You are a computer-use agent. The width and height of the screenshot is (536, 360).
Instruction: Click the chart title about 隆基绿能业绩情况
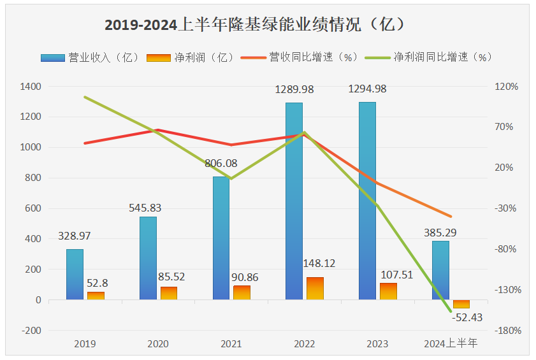click(x=255, y=25)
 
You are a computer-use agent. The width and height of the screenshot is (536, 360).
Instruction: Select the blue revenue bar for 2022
click(x=294, y=201)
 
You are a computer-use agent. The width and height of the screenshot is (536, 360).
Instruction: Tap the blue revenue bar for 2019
click(x=75, y=274)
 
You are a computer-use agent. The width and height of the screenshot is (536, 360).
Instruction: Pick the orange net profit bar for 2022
click(x=315, y=288)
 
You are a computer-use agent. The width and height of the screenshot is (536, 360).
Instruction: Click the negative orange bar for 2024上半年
click(x=461, y=304)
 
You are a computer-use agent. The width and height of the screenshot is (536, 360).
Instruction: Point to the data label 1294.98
click(x=367, y=89)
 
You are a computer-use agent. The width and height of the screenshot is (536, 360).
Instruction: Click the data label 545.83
click(x=147, y=207)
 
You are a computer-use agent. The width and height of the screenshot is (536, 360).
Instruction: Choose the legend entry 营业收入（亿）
click(x=89, y=57)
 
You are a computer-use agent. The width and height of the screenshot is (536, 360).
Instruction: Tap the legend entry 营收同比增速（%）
click(x=300, y=57)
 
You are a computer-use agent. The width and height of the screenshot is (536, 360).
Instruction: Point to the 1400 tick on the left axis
click(x=31, y=86)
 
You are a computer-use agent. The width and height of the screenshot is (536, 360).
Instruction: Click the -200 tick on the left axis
click(x=31, y=331)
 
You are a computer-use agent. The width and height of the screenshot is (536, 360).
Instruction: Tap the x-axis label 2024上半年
click(x=451, y=344)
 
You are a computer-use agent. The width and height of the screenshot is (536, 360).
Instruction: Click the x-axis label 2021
click(x=231, y=344)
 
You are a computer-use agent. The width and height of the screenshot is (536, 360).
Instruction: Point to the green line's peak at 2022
click(x=305, y=133)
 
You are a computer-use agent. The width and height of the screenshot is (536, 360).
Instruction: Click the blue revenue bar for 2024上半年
click(x=440, y=270)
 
